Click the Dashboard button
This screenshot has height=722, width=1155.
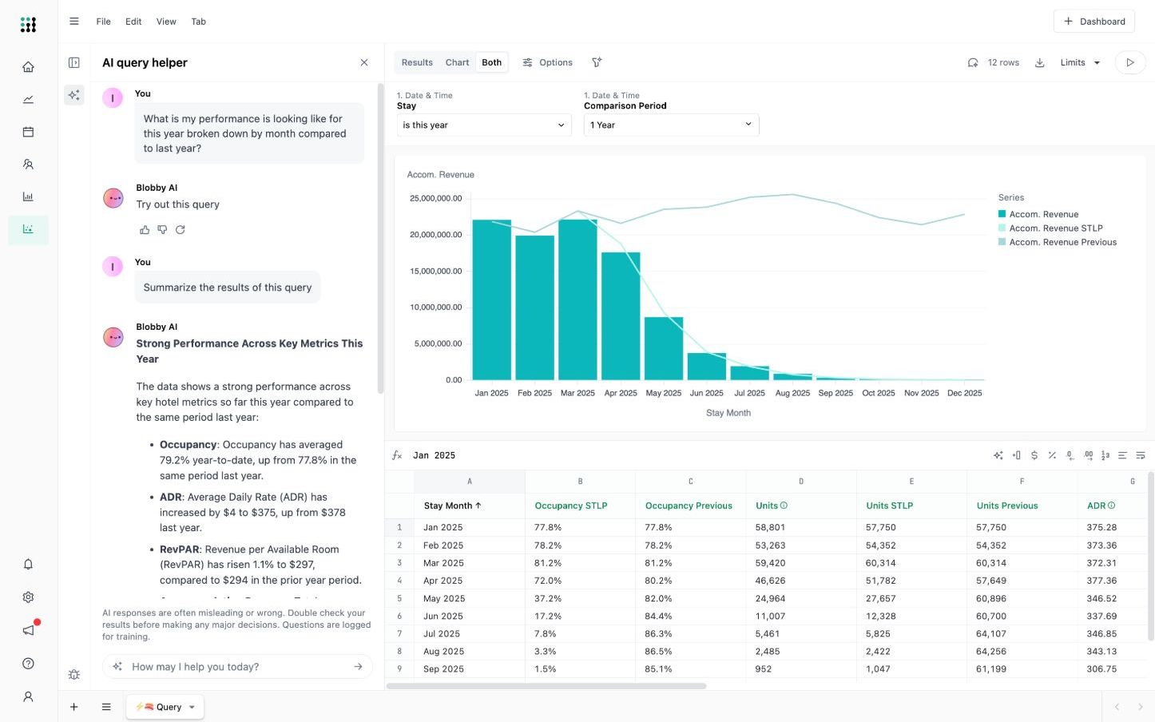pos(1094,22)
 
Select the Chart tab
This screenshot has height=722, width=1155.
pos(457,62)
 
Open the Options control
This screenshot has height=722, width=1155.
pos(548,62)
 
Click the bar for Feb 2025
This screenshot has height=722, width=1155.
pos(534,307)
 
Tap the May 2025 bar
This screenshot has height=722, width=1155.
pos(663,348)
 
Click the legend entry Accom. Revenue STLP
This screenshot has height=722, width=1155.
pos(1055,228)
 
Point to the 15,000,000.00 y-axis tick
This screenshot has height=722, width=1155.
pos(436,272)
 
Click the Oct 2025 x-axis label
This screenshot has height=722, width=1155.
pos(878,393)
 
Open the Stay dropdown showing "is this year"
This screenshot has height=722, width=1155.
pos(483,125)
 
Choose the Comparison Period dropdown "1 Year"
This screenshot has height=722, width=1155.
pos(670,125)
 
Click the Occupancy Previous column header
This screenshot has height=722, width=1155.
pos(689,506)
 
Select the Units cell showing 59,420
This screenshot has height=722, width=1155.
pos(770,563)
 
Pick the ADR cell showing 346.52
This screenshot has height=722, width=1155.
pos(1101,598)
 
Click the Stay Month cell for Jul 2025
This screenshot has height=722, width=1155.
pos(442,633)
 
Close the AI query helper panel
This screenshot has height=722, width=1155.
pos(364,62)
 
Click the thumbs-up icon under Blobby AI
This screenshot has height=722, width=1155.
pos(145,230)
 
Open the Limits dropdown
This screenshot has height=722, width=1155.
pos(1080,62)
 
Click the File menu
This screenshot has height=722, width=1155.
pos(103,22)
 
